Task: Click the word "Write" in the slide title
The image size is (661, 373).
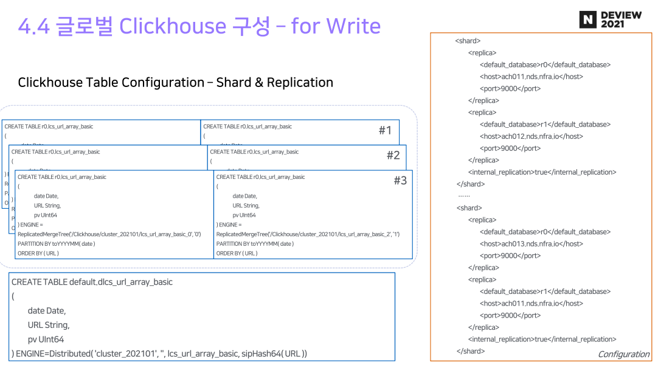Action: coord(353,26)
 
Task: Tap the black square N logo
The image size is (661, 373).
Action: coord(587,19)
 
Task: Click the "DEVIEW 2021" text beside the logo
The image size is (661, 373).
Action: coord(621,19)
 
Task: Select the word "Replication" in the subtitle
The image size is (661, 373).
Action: coord(300,82)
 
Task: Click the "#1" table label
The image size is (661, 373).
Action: coord(385,130)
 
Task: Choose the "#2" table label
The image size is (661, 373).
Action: coord(393,155)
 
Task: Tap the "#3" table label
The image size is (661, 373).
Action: coord(400,181)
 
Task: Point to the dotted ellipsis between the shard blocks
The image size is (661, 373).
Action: coord(463,196)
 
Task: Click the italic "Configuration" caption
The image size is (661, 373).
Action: coord(623,354)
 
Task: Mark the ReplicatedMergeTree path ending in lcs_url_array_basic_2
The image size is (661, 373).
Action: coord(307,234)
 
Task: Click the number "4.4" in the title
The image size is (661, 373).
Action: coord(33,26)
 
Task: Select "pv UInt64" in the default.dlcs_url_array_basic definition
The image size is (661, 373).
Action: coord(46,339)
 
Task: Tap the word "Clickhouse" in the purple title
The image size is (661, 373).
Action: coord(172,26)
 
